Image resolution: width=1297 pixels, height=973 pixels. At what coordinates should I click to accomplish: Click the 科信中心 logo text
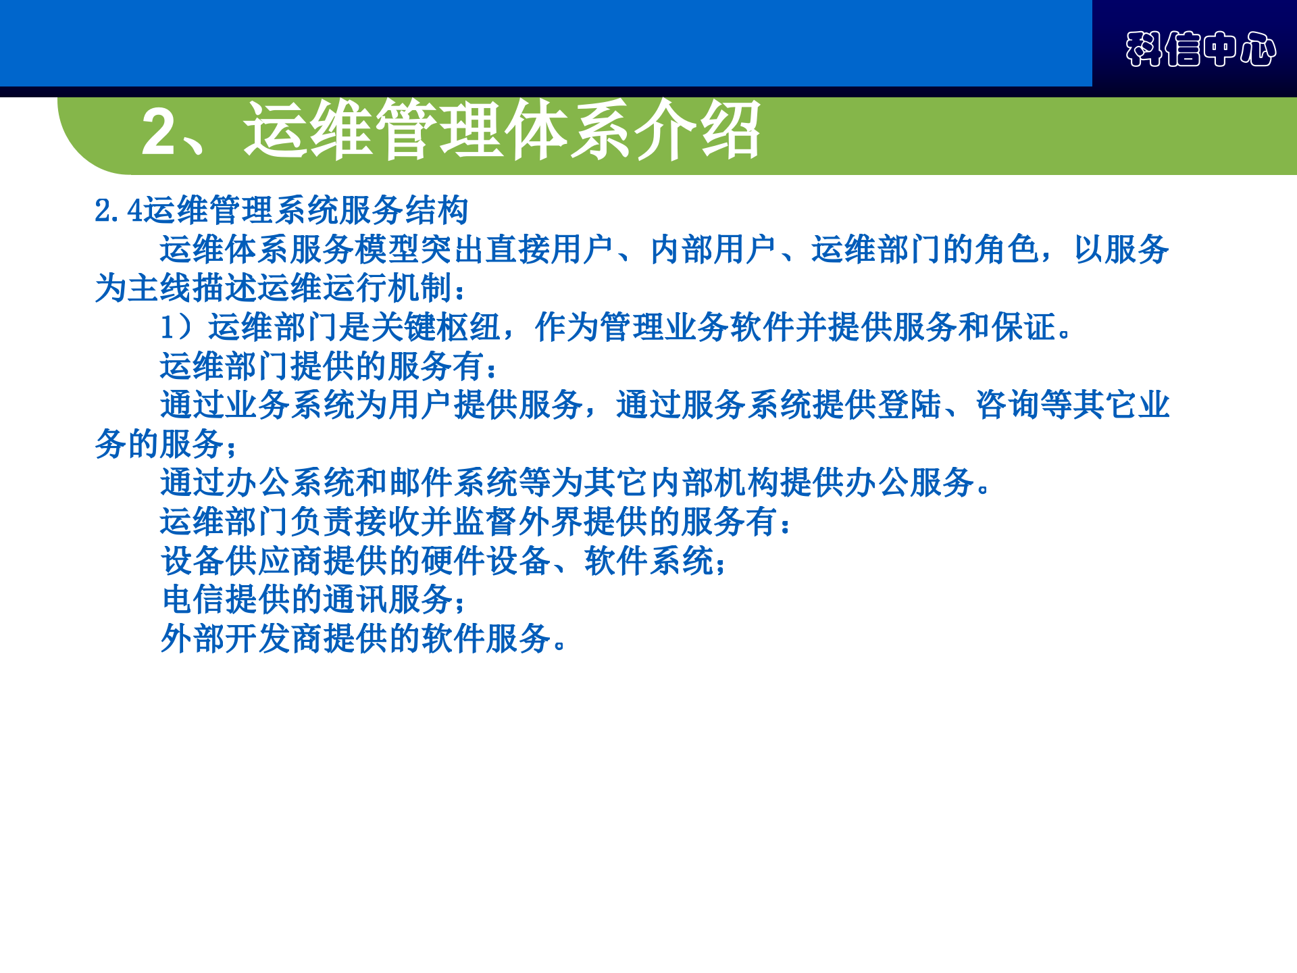point(1200,49)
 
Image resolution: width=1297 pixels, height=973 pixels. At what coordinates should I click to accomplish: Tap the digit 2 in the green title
point(159,131)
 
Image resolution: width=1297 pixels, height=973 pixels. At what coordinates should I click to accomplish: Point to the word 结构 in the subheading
point(436,210)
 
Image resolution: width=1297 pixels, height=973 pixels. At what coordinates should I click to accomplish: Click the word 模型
point(387,249)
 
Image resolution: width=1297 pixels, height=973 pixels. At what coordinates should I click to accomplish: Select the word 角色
point(1007,249)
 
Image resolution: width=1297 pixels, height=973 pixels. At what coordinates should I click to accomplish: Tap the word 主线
point(159,289)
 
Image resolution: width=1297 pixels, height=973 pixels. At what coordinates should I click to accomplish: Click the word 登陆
point(909,405)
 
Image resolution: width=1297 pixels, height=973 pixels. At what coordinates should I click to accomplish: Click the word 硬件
point(453,561)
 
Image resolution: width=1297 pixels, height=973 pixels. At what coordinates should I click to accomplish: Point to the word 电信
point(193,600)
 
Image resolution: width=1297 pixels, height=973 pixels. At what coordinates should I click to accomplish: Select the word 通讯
point(355,600)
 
